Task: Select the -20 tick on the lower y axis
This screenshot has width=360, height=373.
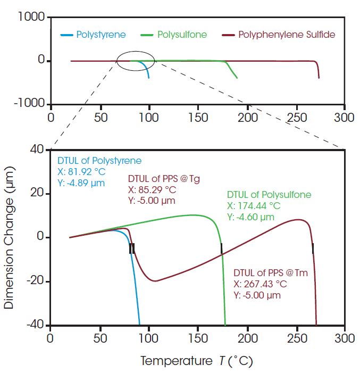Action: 34,281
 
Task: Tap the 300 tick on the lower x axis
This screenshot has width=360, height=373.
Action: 345,338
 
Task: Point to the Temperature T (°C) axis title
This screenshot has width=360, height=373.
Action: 197,361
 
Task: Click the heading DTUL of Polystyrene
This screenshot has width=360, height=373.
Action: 99,160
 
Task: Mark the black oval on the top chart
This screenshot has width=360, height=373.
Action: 136,60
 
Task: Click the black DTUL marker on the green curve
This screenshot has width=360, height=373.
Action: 221,248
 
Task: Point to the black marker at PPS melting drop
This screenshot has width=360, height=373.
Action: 313,248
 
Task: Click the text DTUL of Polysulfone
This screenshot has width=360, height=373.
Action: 269,194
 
